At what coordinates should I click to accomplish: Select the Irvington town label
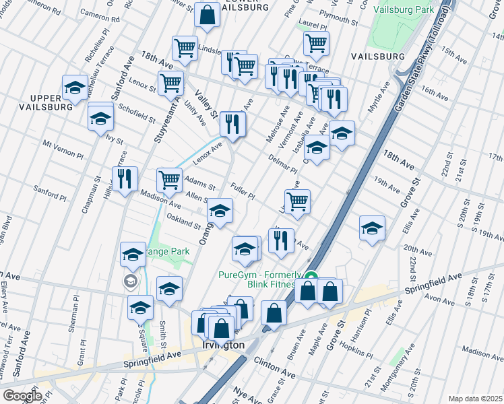[223, 344]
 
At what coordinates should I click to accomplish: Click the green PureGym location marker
[311, 276]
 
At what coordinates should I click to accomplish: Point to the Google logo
[22, 395]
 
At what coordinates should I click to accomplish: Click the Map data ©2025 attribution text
[475, 398]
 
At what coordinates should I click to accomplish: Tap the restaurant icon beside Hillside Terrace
[125, 180]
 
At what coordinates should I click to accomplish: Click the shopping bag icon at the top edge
[208, 15]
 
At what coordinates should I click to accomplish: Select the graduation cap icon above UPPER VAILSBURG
[75, 87]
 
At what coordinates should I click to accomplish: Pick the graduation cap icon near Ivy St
[100, 118]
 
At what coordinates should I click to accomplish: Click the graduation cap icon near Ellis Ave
[372, 228]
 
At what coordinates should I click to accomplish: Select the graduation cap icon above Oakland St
[220, 211]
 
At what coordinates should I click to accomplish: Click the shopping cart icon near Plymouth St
[316, 44]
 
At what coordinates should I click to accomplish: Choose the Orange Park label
[166, 251]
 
